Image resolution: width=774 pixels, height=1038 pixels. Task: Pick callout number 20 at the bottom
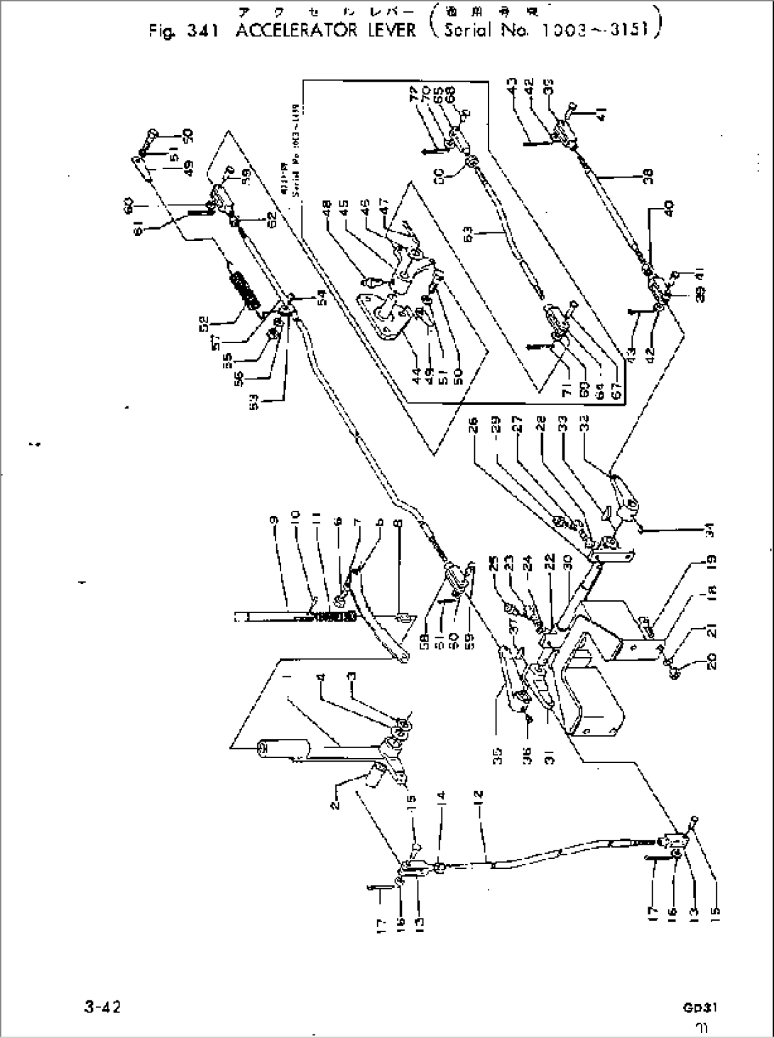click(x=674, y=669)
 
